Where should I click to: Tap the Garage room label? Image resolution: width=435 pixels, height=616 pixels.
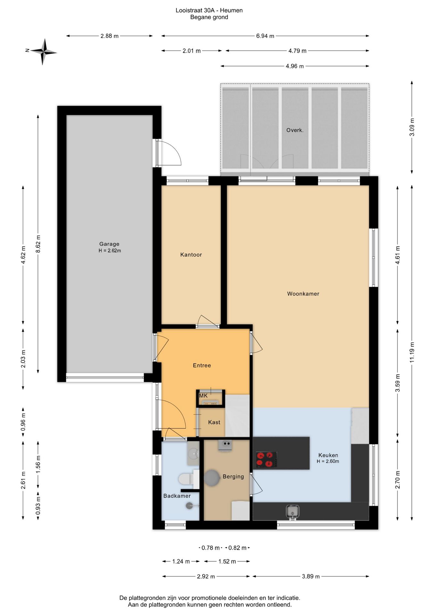pos(109,244)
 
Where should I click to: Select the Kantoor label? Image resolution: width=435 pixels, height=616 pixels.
pos(191,255)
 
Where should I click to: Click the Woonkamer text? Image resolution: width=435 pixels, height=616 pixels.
pos(303,294)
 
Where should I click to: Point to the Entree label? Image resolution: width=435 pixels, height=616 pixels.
pos(202,365)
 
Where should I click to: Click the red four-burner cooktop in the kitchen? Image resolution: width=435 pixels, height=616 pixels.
pos(266,459)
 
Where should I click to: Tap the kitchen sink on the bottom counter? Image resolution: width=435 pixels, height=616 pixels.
pos(292,512)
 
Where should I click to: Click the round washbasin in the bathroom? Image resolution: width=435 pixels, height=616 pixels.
pos(193,454)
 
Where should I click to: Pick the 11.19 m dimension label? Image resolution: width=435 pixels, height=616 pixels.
pos(412,353)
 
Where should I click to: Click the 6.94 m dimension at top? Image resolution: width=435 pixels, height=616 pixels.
pos(265,36)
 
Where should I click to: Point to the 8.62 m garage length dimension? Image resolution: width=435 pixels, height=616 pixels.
pos(38,244)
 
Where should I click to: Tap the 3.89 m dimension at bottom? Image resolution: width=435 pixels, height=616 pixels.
pos(311,576)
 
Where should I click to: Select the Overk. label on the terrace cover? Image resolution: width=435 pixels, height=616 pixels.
pos(295,130)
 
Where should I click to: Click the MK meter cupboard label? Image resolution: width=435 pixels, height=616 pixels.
pos(203,396)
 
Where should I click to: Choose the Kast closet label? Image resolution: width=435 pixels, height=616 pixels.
pos(214,422)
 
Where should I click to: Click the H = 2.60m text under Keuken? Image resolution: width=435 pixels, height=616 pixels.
pos(328,461)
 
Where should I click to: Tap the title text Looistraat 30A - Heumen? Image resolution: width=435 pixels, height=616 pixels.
pos(209,10)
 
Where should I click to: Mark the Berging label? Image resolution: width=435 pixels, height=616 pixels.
pos(233,477)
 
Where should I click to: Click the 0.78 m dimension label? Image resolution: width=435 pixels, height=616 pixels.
pos(210,548)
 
